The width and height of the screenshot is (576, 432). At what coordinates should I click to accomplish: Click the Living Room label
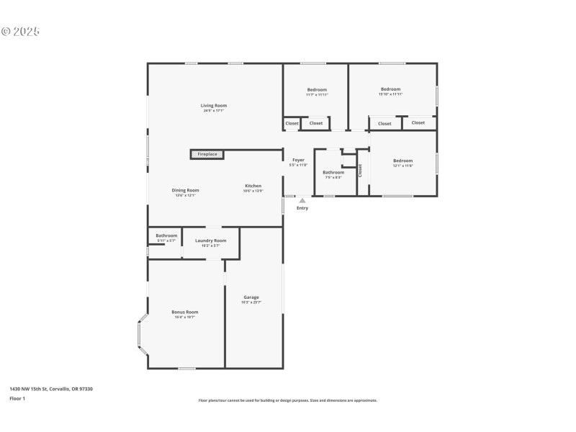(214, 106)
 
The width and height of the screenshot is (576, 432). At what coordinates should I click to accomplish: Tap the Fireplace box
(207, 154)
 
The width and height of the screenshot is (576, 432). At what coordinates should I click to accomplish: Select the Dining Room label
(185, 190)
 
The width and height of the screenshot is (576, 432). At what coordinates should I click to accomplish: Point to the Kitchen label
(252, 186)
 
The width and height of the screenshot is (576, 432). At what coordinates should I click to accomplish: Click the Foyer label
(298, 160)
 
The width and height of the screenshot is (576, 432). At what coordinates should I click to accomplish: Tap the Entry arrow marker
(302, 201)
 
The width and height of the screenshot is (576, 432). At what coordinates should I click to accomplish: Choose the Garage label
(251, 297)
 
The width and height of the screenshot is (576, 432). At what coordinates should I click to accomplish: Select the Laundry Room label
(211, 240)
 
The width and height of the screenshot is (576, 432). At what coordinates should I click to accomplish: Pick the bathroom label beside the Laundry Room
(166, 235)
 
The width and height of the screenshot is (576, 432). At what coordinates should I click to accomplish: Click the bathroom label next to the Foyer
(333, 172)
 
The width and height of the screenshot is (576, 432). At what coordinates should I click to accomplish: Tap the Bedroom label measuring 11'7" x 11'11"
(317, 90)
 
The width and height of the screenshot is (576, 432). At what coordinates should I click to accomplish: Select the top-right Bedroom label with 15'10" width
(390, 89)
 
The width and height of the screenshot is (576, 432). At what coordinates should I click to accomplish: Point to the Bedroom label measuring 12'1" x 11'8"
(402, 161)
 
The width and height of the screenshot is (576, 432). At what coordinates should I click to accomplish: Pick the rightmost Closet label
(418, 122)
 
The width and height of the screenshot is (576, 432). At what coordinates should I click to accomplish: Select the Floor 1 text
(17, 398)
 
